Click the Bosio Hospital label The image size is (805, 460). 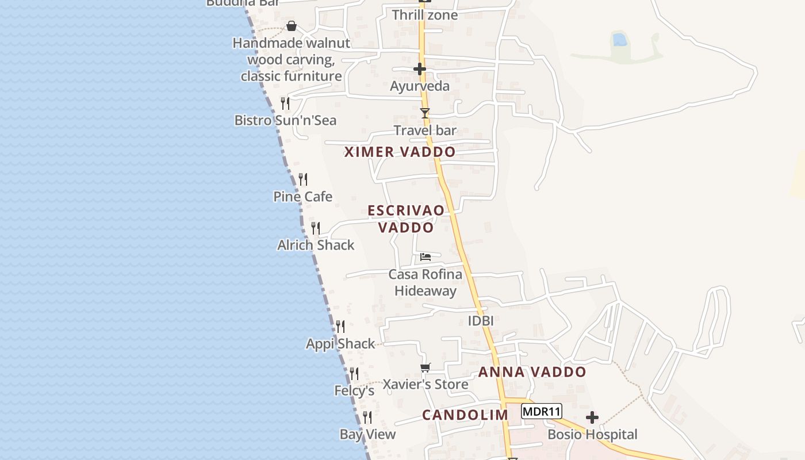592,434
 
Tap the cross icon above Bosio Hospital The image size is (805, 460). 592,417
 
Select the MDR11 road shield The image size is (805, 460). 542,411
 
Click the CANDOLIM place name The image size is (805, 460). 465,415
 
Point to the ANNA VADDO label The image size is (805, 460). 532,372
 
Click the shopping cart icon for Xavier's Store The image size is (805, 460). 425,367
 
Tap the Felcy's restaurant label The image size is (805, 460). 354,391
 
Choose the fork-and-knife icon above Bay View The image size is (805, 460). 367,417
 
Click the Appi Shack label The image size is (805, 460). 340,344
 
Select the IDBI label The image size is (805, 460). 481,321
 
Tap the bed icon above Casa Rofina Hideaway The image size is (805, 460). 425,256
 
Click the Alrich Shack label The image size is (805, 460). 316,245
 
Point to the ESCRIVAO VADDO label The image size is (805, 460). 406,218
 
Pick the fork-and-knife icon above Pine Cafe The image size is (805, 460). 303,179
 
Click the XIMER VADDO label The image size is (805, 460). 400,152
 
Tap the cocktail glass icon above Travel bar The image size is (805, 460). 425,113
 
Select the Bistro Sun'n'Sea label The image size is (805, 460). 285,120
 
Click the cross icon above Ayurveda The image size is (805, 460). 420,70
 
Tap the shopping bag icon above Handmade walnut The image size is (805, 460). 292,26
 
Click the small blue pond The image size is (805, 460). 619,40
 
